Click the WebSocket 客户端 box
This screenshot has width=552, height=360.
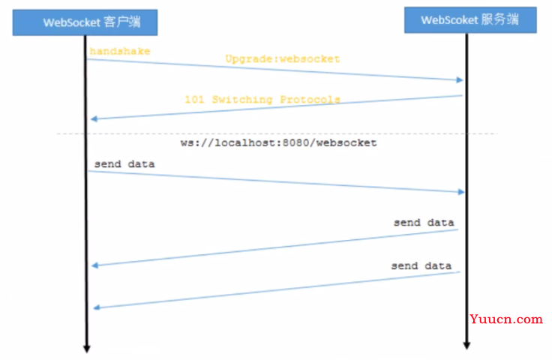click(85, 22)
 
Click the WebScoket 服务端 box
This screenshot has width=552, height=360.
click(470, 20)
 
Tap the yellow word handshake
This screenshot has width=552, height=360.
click(120, 52)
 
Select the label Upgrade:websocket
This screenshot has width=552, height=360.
click(283, 58)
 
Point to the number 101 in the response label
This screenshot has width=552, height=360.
click(194, 100)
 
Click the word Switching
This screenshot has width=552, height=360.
click(242, 100)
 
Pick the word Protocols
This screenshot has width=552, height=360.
click(310, 100)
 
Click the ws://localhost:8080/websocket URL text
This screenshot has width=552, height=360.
click(278, 142)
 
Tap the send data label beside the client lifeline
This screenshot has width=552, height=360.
click(124, 164)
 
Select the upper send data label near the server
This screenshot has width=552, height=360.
click(424, 223)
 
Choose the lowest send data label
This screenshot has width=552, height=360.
click(421, 265)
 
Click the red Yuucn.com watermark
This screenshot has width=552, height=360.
click(506, 319)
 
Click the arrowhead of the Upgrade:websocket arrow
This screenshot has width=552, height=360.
click(460, 80)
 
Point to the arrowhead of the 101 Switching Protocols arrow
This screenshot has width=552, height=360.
click(94, 119)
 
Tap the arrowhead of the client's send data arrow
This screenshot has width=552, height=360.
click(461, 192)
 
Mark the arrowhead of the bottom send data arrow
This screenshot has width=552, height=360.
click(97, 307)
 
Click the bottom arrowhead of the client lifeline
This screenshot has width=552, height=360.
click(86, 349)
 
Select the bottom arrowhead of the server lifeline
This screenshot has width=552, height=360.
click(466, 345)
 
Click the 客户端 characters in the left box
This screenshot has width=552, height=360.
click(122, 22)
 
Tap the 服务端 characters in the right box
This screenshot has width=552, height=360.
click(500, 19)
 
